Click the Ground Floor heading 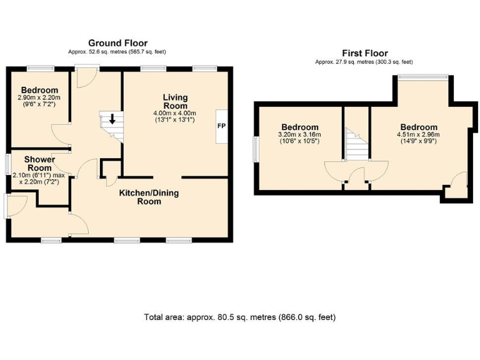(117, 43)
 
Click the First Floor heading (364, 54)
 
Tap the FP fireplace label (221, 126)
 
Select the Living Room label (175, 101)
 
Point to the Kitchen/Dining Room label (149, 197)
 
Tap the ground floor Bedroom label (39, 90)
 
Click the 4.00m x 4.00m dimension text (175, 113)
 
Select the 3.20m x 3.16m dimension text (300, 134)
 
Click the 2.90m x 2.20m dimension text (39, 98)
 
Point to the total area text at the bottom (239, 317)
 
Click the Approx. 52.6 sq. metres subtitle (117, 52)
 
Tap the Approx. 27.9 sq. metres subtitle (364, 62)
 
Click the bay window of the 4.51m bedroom (423, 77)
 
